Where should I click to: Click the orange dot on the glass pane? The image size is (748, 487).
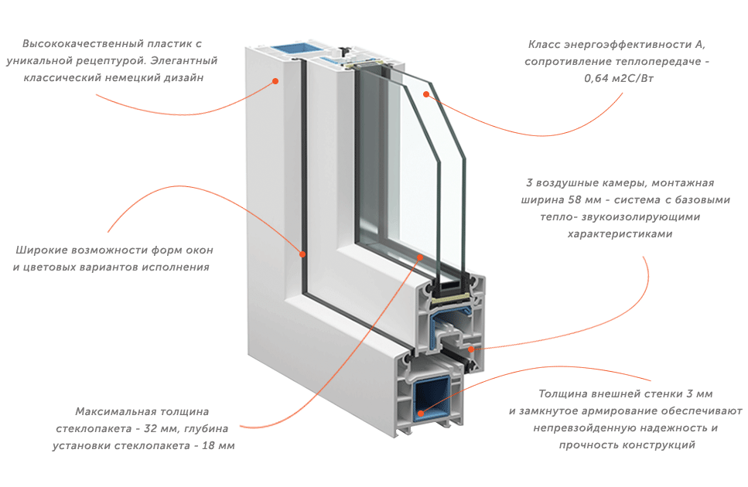[426, 94]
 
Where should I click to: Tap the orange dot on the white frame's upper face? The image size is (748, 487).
[275, 81]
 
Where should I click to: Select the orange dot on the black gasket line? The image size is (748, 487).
[302, 254]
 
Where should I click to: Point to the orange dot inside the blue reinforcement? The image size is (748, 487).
[420, 413]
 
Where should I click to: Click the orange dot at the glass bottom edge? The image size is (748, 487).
[420, 257]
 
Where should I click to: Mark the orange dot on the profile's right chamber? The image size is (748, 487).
[471, 349]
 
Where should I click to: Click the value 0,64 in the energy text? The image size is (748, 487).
[596, 79]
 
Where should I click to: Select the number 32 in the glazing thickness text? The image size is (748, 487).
[150, 428]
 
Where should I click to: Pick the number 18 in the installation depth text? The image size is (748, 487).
[209, 445]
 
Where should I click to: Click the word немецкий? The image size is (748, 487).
[131, 77]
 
